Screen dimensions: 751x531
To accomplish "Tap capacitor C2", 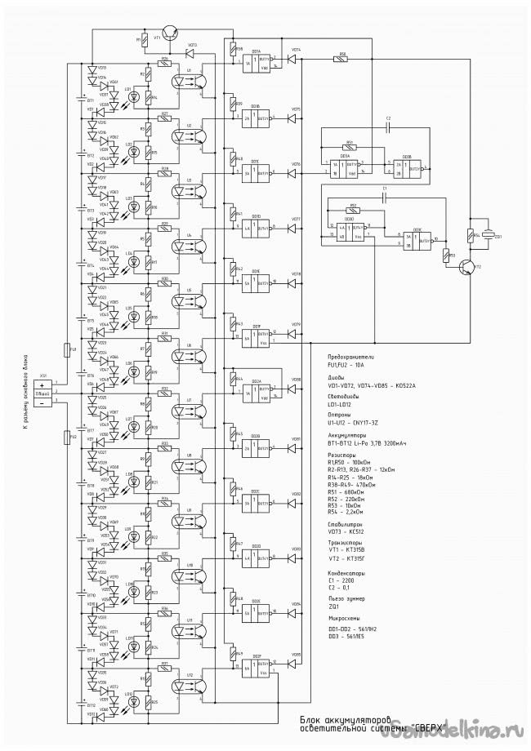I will [x=388, y=127].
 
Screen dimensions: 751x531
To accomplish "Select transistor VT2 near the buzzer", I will [x=466, y=266].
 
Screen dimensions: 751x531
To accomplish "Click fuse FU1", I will [x=66, y=351].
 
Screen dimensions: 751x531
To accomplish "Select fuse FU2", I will [x=66, y=438].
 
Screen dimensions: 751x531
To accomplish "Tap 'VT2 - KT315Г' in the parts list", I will [x=345, y=559].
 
